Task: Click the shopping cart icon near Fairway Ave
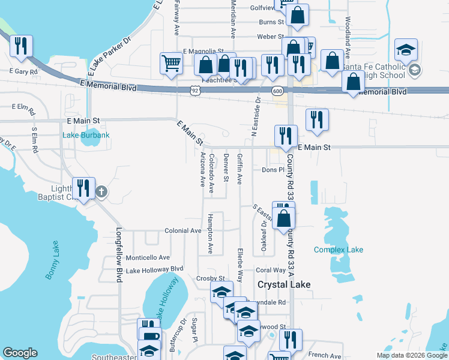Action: click(172, 62)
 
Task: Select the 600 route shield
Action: click(277, 91)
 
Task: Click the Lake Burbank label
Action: click(86, 135)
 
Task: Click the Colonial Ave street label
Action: click(183, 230)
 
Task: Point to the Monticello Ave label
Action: click(148, 257)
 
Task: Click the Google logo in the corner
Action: click(20, 353)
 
